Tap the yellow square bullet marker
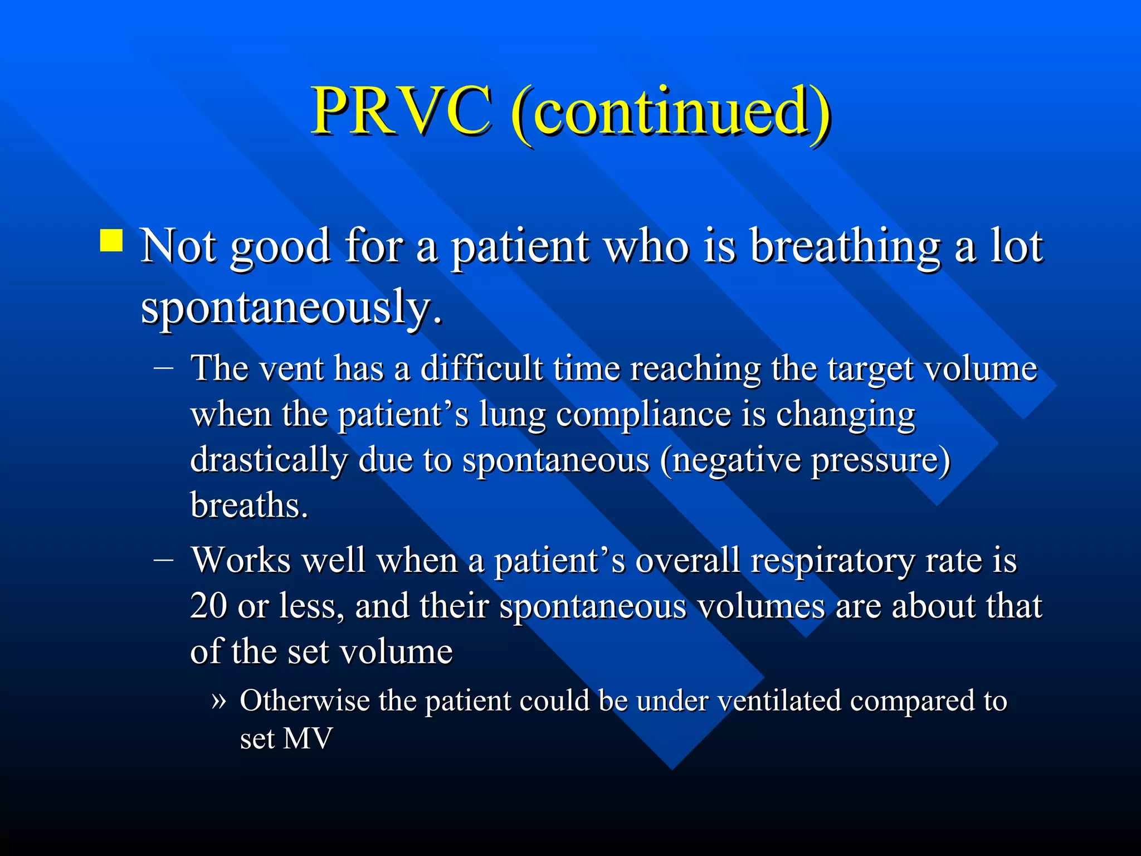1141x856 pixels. pyautogui.click(x=111, y=241)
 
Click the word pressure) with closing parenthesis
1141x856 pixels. pyautogui.click(x=880, y=461)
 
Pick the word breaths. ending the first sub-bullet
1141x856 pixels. pyautogui.click(x=249, y=505)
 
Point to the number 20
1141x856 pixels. pyautogui.click(x=208, y=606)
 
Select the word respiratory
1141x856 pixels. pyautogui.click(x=832, y=561)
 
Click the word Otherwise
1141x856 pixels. pyautogui.click(x=304, y=701)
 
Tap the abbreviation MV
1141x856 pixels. pyautogui.click(x=308, y=739)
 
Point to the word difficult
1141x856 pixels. pyautogui.click(x=481, y=368)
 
